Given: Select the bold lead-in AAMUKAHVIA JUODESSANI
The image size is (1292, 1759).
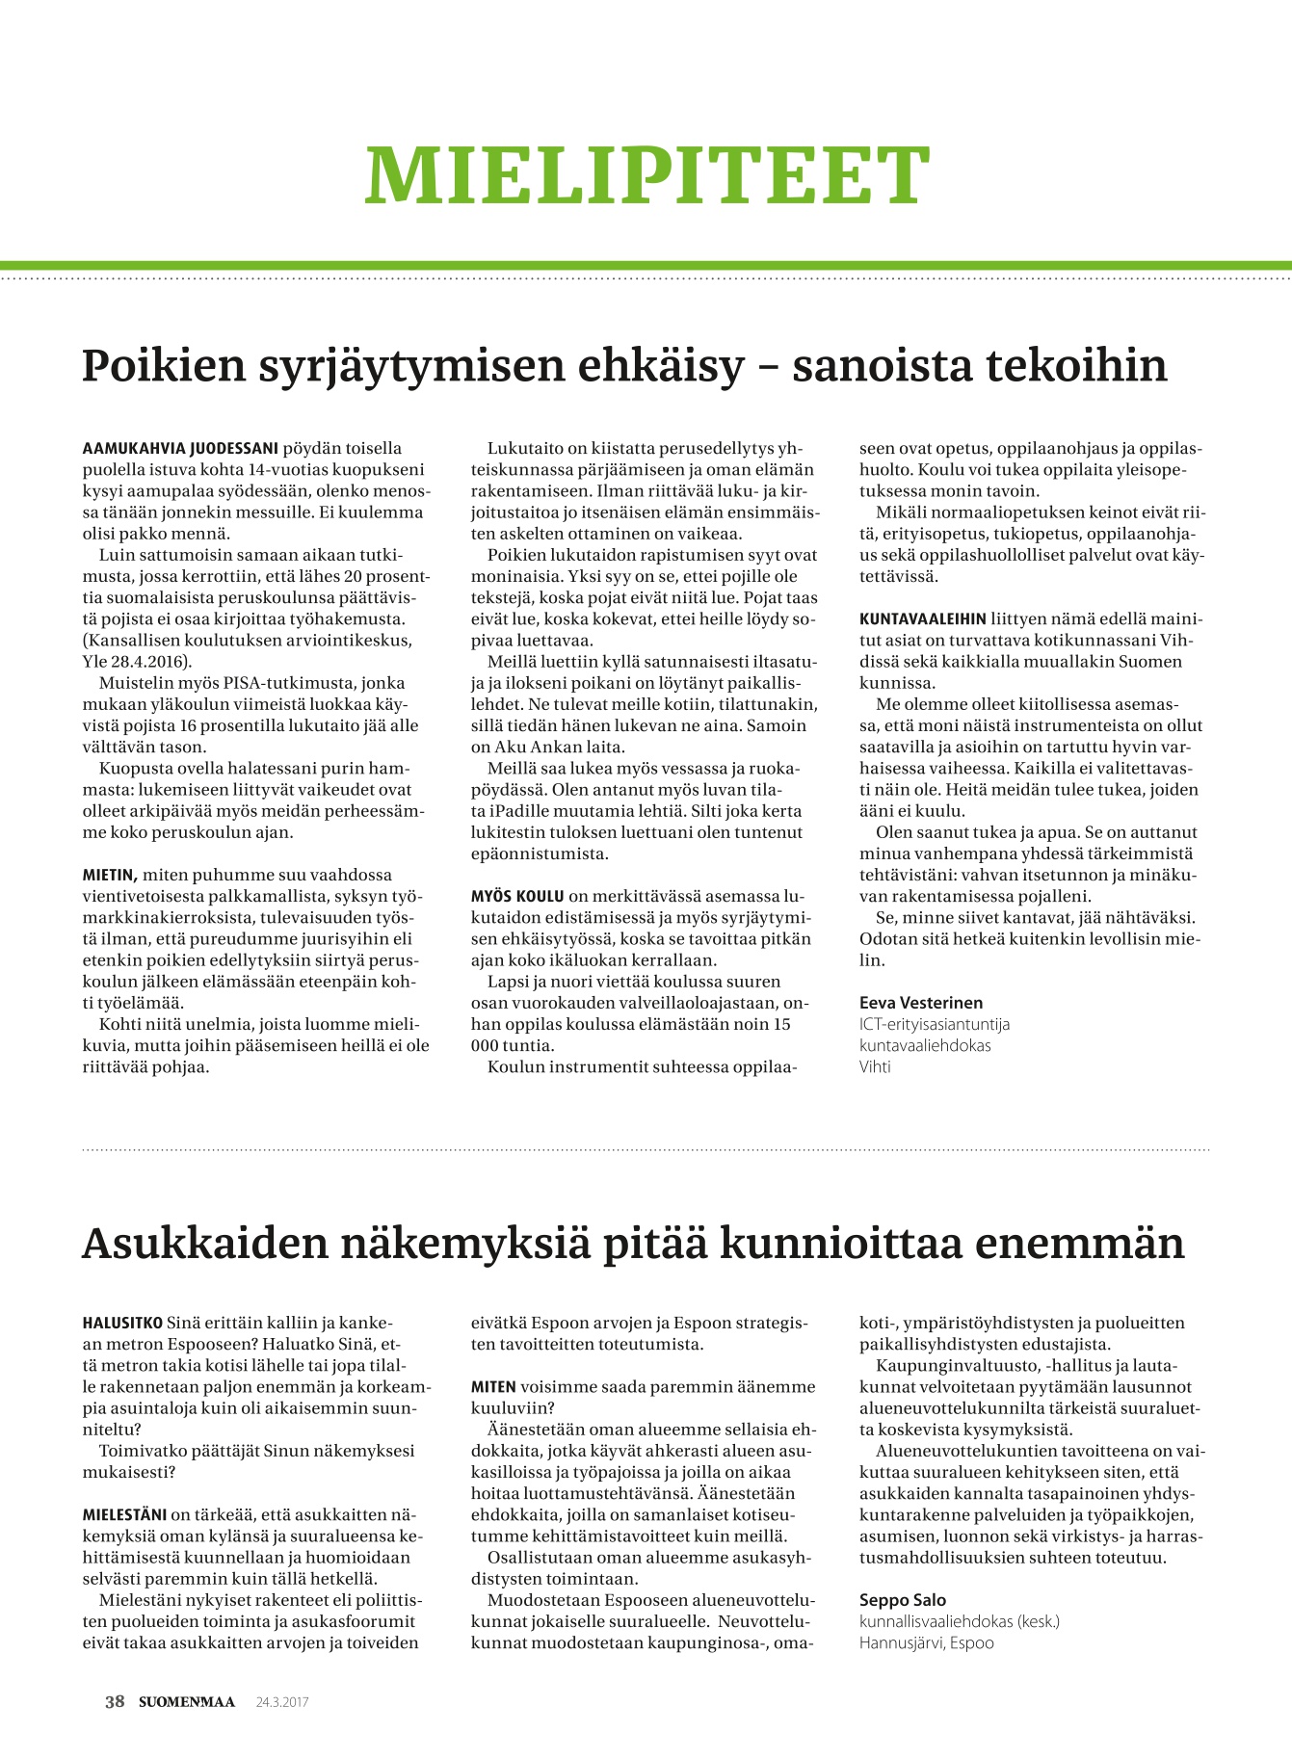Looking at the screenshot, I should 180,449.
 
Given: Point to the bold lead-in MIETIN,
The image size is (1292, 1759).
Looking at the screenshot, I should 111,876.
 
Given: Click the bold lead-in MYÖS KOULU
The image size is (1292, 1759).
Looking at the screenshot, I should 516,897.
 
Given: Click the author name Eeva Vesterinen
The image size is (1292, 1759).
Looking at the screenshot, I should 921,1003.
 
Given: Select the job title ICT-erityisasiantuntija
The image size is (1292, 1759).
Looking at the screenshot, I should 935,1024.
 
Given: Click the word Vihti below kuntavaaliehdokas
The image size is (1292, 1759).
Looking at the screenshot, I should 875,1066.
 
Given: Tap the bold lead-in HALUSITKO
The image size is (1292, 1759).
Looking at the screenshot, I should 123,1324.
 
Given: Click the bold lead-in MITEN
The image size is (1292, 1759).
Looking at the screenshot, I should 493,1387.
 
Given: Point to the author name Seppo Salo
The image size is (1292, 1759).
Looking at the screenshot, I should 903,1600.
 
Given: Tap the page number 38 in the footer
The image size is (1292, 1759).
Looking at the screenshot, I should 115,1702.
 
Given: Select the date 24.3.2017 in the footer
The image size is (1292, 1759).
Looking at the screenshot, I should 281,1702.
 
